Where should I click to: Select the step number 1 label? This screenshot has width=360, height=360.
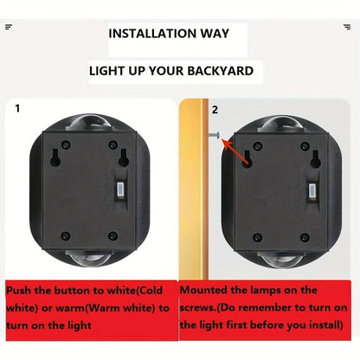click(17, 110)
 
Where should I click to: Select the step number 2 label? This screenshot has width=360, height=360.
click(215, 110)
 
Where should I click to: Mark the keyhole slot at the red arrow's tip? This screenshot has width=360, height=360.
click(247, 160)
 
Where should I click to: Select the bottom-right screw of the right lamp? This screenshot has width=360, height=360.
click(305, 235)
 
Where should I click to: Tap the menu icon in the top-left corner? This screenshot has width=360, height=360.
click(9, 27)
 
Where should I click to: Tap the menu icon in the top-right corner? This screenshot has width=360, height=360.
click(347, 27)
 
